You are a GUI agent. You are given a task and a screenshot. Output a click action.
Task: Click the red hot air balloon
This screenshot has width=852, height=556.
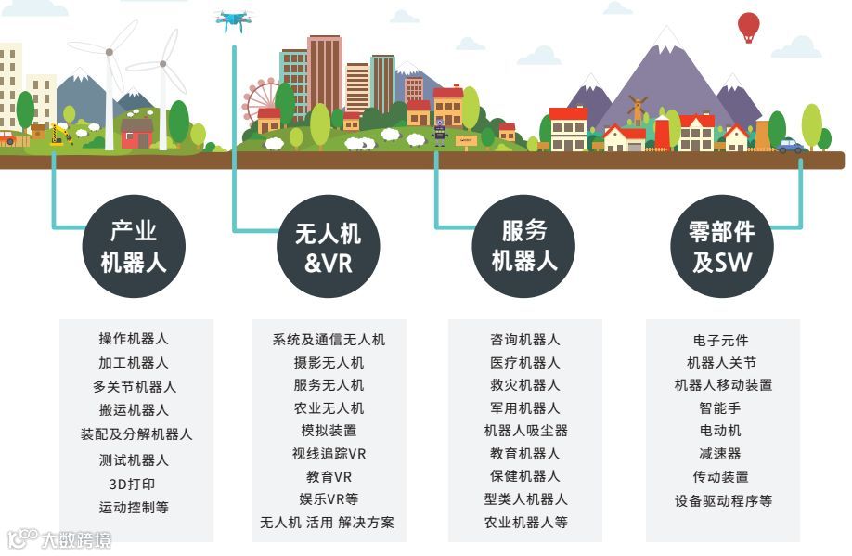pyautogui.click(x=748, y=25)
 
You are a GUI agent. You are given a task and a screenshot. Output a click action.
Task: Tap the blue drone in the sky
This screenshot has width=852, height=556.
pyautogui.click(x=232, y=19)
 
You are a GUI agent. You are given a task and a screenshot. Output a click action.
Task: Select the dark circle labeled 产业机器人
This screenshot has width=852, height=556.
pyautogui.click(x=134, y=246)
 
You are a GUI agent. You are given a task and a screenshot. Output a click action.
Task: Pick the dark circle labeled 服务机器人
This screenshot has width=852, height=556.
pyautogui.click(x=524, y=245)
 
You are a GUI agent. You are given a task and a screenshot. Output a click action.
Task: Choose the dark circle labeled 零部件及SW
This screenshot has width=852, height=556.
pyautogui.click(x=722, y=246)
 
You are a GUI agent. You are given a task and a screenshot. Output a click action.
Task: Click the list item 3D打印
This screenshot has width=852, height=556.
pyautogui.click(x=134, y=484)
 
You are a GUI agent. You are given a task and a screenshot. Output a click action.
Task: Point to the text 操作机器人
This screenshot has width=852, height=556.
pyautogui.click(x=134, y=339)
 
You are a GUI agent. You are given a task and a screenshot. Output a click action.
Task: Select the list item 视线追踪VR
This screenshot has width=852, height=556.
pyautogui.click(x=329, y=454)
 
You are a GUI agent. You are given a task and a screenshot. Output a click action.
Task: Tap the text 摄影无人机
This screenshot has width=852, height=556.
pyautogui.click(x=329, y=362)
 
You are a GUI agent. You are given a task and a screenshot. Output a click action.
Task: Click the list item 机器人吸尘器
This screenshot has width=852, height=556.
pyautogui.click(x=525, y=431)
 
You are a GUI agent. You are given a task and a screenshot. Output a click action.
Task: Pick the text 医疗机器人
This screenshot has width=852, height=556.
pyautogui.click(x=525, y=362)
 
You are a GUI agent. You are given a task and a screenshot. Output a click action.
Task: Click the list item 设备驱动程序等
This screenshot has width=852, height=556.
pyautogui.click(x=723, y=500)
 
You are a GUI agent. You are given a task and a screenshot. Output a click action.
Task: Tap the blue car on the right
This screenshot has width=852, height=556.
pyautogui.click(x=791, y=145)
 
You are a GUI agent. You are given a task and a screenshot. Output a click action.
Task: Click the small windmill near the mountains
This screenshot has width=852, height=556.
pyautogui.click(x=636, y=110)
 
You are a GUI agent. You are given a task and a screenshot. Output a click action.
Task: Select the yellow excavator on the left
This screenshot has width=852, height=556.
pyautogui.click(x=60, y=136)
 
